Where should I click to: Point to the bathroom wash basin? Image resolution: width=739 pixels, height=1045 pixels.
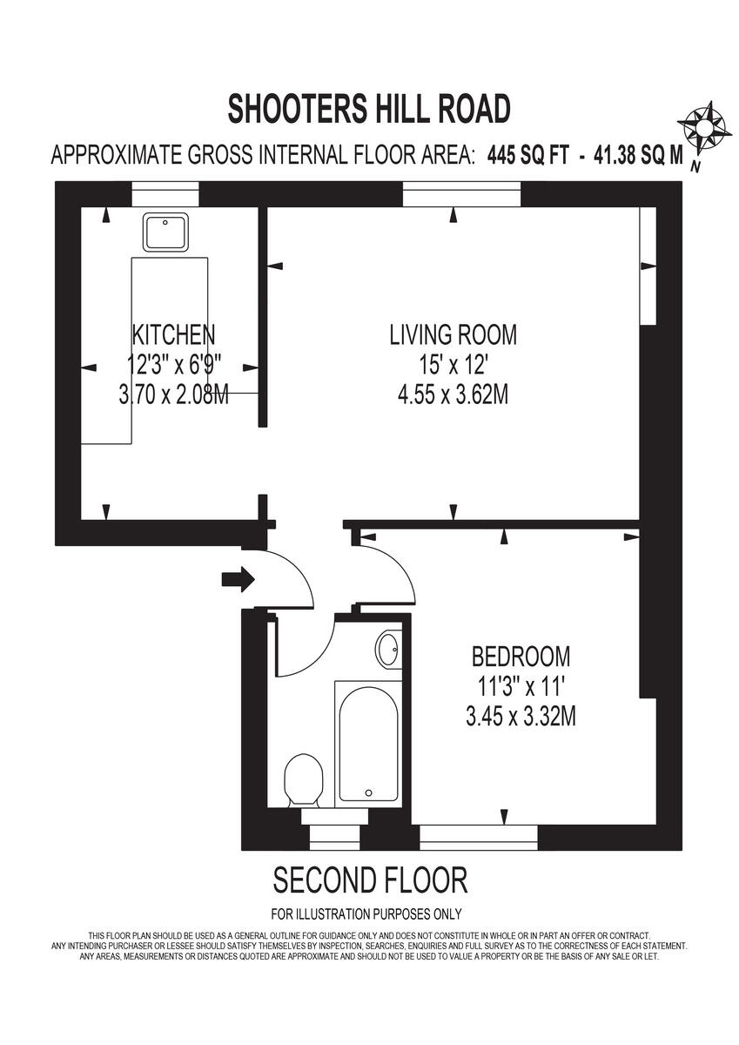pos(389,650)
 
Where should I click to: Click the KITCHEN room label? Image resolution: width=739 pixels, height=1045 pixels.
pos(173,334)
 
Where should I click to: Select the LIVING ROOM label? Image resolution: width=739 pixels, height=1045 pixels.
pos(453,334)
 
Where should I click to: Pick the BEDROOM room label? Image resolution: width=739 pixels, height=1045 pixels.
pos(521,655)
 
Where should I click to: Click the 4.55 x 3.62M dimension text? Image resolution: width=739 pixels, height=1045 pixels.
pos(453,394)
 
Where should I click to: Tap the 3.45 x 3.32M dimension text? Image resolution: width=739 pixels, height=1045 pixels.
pos(521,717)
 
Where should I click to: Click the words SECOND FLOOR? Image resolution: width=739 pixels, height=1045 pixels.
pos(371,880)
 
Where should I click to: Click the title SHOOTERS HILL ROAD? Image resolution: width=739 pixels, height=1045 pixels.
pos(369,110)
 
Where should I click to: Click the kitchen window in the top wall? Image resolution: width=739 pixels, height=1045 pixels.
pos(165,193)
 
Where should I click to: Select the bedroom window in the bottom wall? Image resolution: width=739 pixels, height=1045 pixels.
pos(479,838)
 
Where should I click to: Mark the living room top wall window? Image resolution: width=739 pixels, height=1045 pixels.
pos(461,193)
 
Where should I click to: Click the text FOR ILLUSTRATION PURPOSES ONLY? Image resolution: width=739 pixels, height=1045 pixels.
pos(366,914)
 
